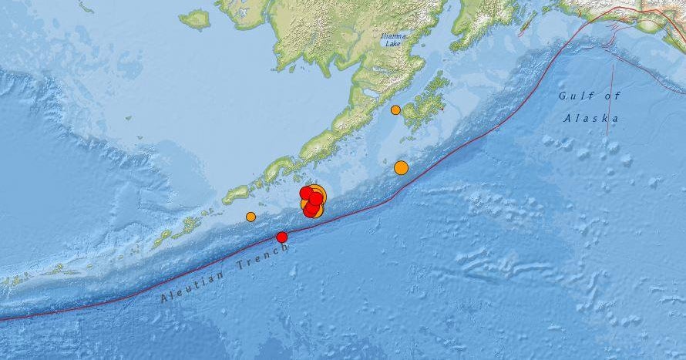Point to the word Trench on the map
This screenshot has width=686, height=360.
click(262, 257)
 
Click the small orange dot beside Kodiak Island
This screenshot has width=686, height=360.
click(395, 109)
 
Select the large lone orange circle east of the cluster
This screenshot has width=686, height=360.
click(401, 167)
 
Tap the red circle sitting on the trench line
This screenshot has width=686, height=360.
click(282, 237)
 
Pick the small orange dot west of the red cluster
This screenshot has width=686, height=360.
click(251, 217)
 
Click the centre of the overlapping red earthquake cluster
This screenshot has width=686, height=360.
click(312, 201)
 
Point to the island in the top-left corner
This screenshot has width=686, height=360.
click(194, 19)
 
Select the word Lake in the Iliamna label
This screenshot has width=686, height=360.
click(394, 45)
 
